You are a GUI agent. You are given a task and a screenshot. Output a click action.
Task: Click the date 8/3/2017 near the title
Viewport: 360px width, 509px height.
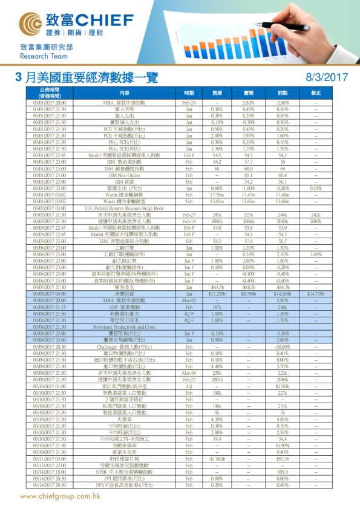pyautogui.click(x=327, y=77)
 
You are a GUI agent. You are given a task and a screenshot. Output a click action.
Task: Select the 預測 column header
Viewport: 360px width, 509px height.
pyautogui.click(x=217, y=93)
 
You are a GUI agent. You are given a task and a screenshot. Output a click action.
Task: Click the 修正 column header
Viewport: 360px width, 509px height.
pyautogui.click(x=316, y=93)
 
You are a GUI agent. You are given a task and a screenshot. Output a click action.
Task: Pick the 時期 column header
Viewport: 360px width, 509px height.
pyautogui.click(x=189, y=93)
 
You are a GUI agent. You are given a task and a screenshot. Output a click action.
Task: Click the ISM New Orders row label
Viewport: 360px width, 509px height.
pyautogui.click(x=124, y=175)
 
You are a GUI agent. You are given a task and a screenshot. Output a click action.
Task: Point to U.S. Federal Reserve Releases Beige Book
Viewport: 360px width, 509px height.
pyautogui.click(x=124, y=207)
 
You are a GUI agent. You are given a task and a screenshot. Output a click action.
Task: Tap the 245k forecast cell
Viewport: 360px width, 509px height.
pyautogui.click(x=217, y=214)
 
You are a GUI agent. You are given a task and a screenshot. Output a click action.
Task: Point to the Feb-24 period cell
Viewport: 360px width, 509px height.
pyautogui.click(x=189, y=103)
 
